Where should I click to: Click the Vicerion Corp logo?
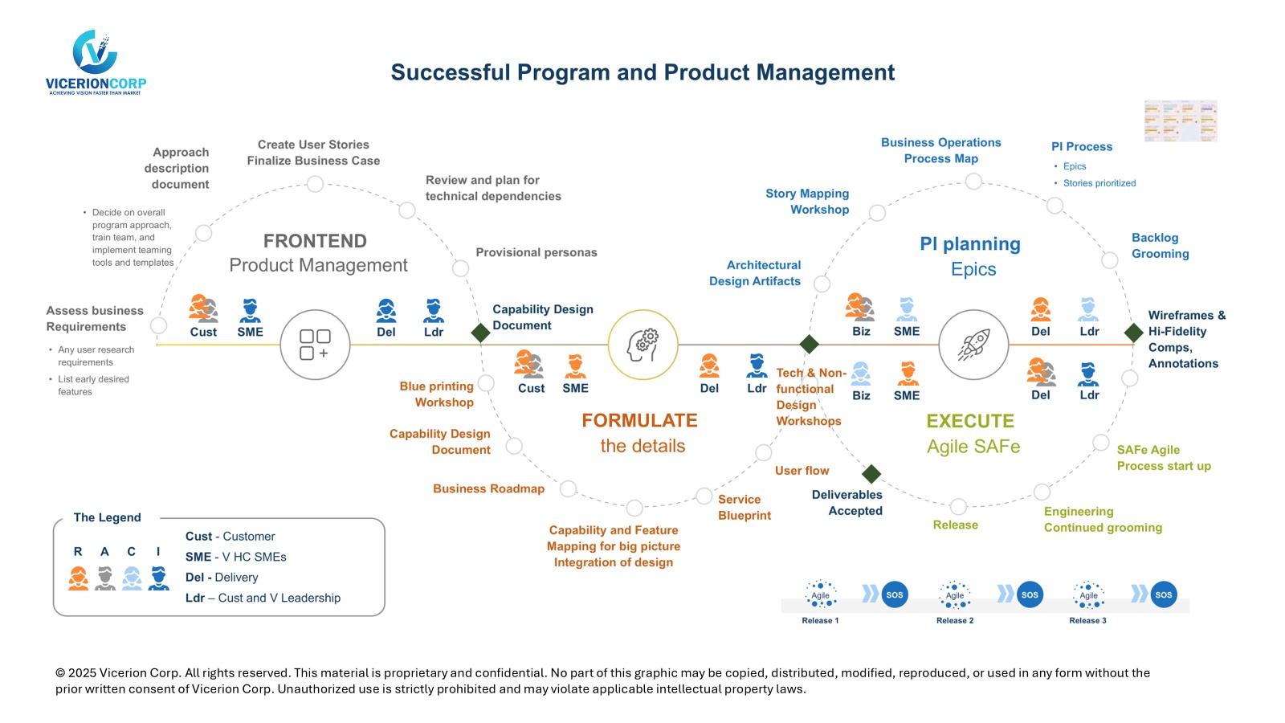tap(96, 63)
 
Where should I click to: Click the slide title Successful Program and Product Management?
tap(642, 72)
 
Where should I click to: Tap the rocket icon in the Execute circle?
tap(973, 345)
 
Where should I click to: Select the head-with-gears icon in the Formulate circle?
tap(642, 345)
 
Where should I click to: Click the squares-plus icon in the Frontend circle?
tap(315, 345)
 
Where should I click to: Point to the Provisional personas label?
tap(536, 252)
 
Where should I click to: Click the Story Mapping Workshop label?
tap(807, 202)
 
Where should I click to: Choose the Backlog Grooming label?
tap(1160, 246)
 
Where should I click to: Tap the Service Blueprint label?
tap(744, 508)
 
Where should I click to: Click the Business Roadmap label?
tap(488, 488)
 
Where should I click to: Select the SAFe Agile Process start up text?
tap(1163, 458)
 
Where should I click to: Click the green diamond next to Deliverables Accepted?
tap(871, 474)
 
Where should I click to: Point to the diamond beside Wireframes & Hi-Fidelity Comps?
tap(1133, 332)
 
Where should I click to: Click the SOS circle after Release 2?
tap(1030, 594)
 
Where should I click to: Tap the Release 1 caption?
tap(820, 620)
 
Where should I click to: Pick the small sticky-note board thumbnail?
tap(1181, 120)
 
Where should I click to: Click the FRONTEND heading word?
tap(315, 241)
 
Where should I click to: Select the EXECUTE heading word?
tap(970, 421)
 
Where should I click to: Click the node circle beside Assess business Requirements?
tap(159, 325)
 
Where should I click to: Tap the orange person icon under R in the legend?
tap(79, 578)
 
